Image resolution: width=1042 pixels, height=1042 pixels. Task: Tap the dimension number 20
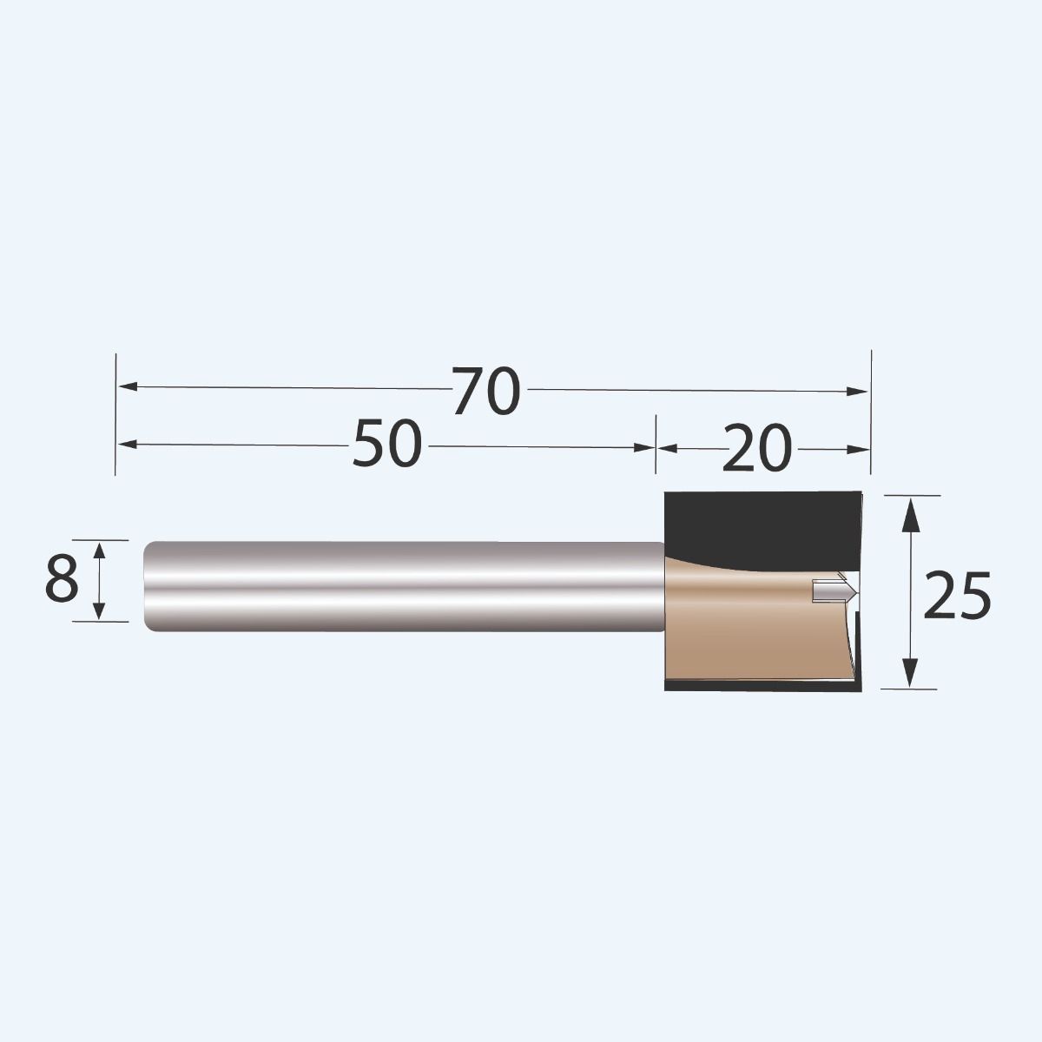tap(757, 448)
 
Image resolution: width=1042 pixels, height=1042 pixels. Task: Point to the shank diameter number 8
tap(62, 580)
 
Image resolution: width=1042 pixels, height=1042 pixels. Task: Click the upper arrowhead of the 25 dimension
tap(910, 514)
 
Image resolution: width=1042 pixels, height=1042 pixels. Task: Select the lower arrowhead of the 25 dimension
tap(910, 671)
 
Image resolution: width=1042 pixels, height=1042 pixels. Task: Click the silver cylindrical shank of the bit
tap(399, 586)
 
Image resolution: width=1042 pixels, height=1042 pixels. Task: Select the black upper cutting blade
tap(755, 525)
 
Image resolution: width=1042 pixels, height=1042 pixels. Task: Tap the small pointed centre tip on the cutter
tap(835, 590)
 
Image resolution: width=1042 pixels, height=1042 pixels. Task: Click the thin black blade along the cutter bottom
tap(755, 687)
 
